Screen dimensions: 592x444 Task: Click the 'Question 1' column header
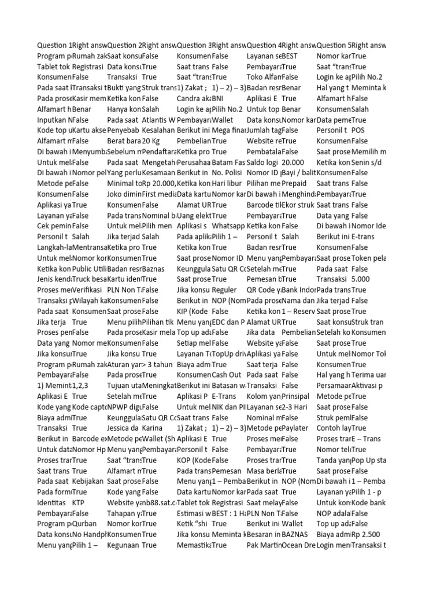[x=54, y=45]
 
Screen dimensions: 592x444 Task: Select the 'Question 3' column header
[x=194, y=45]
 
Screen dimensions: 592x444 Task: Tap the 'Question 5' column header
[x=334, y=45]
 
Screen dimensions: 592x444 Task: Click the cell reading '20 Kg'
[x=151, y=140]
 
